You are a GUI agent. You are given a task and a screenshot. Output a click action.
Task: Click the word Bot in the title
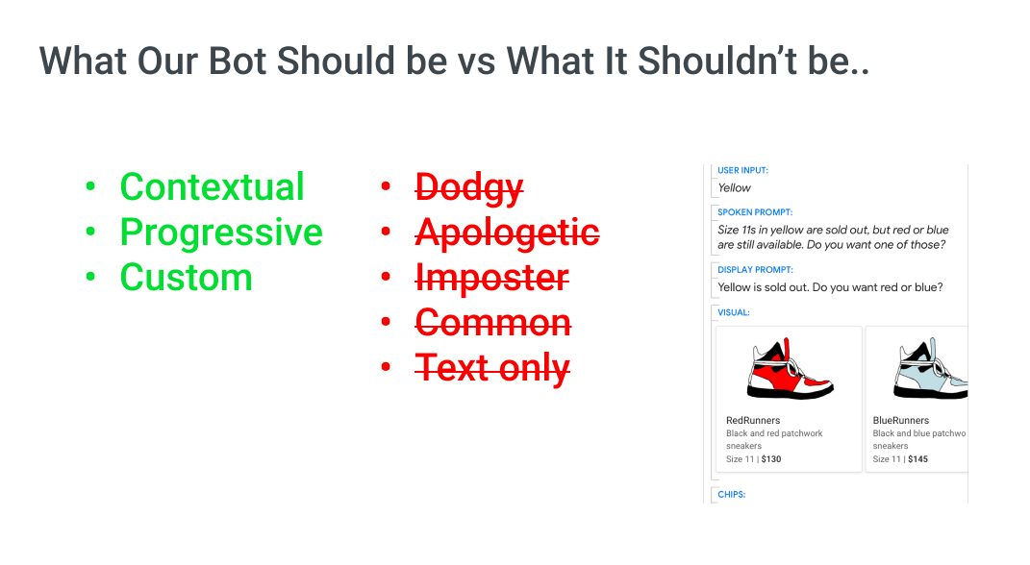pos(239,61)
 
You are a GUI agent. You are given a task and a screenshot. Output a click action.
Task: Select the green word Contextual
pos(212,186)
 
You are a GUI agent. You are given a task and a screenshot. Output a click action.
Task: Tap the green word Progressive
pos(221,233)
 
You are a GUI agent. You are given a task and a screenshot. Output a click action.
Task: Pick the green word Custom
pos(186,278)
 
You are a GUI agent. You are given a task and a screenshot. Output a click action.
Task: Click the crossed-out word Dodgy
pos(469,189)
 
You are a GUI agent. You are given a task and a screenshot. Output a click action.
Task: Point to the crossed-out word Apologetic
pos(507,233)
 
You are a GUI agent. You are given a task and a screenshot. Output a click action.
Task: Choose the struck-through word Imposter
pos(492,279)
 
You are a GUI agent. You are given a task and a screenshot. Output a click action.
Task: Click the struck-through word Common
pos(493,323)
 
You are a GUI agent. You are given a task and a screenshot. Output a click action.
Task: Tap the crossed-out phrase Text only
pos(492,368)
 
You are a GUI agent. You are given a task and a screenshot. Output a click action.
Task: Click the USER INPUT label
pos(742,170)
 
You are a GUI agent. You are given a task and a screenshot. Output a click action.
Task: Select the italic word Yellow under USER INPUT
pos(734,187)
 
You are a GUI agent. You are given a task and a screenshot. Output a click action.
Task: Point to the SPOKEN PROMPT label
pos(755,212)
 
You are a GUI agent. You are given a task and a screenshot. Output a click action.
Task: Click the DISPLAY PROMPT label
pos(755,270)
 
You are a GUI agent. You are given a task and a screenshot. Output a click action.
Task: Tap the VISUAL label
pos(733,312)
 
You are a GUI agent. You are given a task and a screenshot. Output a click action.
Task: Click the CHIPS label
pos(731,494)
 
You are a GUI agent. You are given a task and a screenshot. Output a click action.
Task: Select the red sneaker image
pos(790,368)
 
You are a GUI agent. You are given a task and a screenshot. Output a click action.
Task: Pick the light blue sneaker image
pos(930,368)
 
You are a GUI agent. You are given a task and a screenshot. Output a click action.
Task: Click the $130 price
pos(771,459)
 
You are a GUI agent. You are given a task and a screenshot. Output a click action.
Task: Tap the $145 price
pos(917,459)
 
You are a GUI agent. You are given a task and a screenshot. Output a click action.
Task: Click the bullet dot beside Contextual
pos(90,186)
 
